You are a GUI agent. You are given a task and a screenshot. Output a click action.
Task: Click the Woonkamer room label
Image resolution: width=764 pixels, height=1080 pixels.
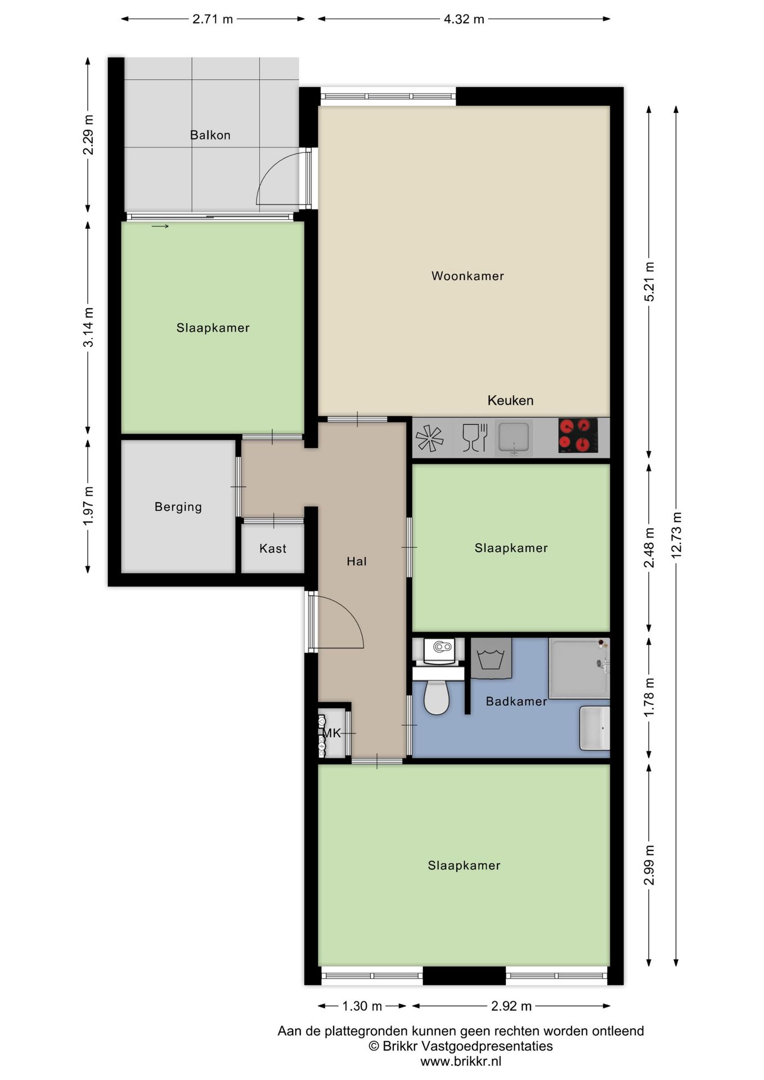(x=468, y=276)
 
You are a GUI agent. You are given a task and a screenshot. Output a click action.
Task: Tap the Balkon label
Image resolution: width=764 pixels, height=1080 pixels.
(x=210, y=135)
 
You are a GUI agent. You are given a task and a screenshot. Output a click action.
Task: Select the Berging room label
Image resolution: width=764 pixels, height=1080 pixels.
(x=178, y=507)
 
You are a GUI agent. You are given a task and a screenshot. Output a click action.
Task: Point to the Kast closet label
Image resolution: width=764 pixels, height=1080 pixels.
(x=273, y=548)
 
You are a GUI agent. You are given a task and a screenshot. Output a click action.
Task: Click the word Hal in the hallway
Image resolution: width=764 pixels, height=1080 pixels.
(x=357, y=561)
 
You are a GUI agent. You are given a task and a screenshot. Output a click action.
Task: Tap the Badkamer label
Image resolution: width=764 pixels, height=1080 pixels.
(x=516, y=701)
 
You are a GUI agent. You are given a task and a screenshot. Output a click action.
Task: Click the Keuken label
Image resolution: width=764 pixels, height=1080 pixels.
(x=510, y=400)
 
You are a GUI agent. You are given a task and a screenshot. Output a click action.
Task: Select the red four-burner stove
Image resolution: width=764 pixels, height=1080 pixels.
(x=578, y=435)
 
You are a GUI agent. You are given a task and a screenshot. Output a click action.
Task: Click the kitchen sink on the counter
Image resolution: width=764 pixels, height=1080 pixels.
(x=514, y=438)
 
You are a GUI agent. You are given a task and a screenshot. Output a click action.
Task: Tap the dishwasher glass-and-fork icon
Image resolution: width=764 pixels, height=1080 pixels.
(x=474, y=437)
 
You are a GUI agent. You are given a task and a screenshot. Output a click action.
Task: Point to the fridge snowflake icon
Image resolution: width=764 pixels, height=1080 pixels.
(x=429, y=438)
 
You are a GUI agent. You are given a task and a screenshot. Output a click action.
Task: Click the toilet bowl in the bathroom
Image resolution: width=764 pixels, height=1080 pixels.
(x=437, y=697)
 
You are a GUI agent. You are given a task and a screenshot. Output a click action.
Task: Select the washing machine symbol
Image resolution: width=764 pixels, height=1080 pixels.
(x=491, y=658)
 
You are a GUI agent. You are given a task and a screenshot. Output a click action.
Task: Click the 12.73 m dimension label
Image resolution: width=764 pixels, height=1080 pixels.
(x=676, y=535)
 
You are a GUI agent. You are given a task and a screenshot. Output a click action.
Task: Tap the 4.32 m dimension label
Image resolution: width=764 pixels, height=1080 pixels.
(x=464, y=19)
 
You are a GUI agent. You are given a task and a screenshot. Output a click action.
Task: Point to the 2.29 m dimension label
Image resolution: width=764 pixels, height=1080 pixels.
(x=88, y=134)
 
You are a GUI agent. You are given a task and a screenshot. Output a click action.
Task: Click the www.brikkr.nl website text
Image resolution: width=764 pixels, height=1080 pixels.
(x=461, y=1061)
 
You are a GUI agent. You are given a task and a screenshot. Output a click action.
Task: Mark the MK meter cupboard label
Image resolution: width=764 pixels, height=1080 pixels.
(x=332, y=733)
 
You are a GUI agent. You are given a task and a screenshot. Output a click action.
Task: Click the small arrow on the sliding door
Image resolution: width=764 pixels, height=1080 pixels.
(x=160, y=227)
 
